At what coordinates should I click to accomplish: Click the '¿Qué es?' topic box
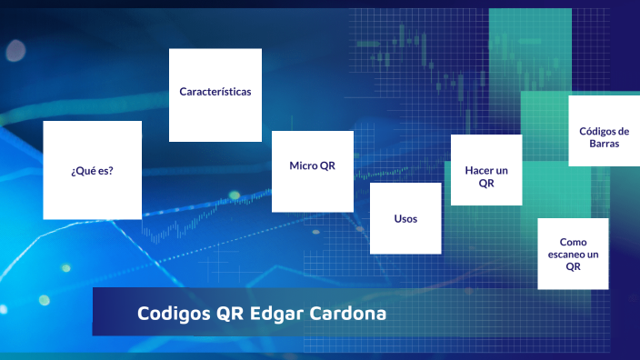(92, 170)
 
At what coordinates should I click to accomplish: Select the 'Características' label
(215, 92)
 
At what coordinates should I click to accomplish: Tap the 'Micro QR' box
(312, 171)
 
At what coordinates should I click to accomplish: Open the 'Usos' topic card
(405, 219)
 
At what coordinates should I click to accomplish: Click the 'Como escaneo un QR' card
(573, 254)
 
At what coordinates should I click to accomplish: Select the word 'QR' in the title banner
(228, 315)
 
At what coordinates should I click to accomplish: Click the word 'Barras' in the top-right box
(604, 144)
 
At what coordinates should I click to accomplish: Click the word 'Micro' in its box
(302, 165)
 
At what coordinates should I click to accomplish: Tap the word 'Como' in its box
(573, 243)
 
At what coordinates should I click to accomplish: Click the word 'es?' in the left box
(105, 170)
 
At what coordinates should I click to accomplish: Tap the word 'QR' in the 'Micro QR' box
(327, 165)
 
